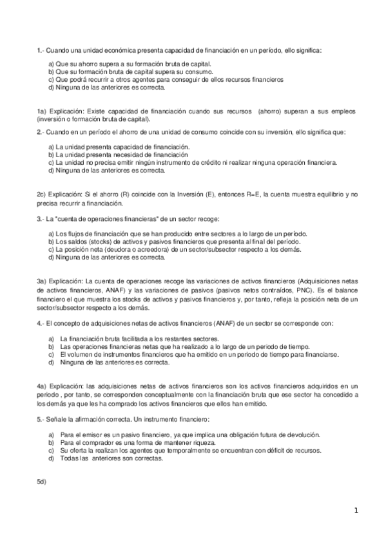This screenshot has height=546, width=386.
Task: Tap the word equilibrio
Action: (326, 193)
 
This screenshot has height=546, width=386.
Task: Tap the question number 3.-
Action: (41, 219)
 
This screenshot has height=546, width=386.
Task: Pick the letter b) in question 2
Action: (51, 155)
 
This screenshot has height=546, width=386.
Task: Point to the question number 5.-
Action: (41, 420)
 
